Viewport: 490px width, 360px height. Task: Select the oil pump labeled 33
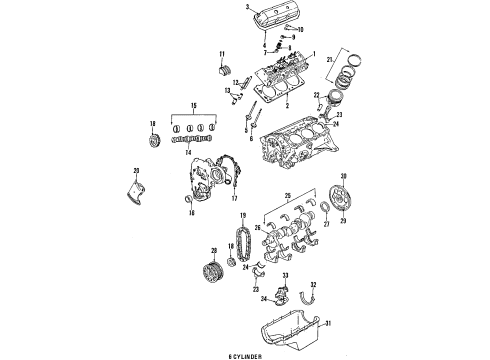coord(285,294)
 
